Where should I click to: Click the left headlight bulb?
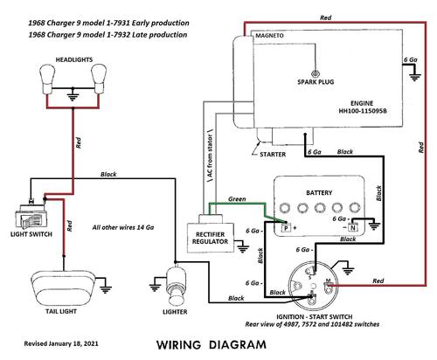pyautogui.click(x=47, y=79)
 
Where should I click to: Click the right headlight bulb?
pyautogui.click(x=98, y=79)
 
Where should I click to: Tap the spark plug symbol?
pyautogui.click(x=315, y=73)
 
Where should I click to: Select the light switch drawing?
pyautogui.click(x=30, y=216)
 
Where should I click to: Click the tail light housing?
pyautogui.click(x=62, y=287)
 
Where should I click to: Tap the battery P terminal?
pyautogui.click(x=286, y=228)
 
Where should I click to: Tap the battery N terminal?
pyautogui.click(x=353, y=227)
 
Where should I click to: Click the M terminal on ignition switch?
pyautogui.click(x=329, y=286)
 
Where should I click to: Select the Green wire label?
pyautogui.click(x=237, y=199)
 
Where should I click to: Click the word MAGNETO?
pyautogui.click(x=269, y=36)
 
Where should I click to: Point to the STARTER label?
pyautogui.click(x=273, y=155)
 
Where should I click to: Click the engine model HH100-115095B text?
pyautogui.click(x=363, y=111)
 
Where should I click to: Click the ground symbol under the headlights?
pyautogui.click(x=73, y=96)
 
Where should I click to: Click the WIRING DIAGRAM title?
pyautogui.click(x=212, y=345)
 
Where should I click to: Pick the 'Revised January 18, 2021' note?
pyautogui.click(x=61, y=343)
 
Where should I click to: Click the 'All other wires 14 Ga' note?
pyautogui.click(x=123, y=227)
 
